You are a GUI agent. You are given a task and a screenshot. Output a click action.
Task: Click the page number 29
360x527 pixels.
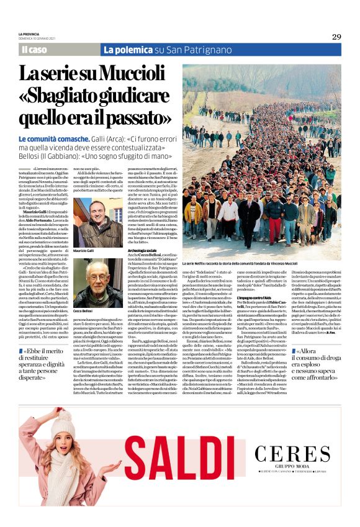(x=336, y=37)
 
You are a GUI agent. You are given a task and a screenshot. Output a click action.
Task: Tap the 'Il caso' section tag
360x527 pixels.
(x=34, y=50)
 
